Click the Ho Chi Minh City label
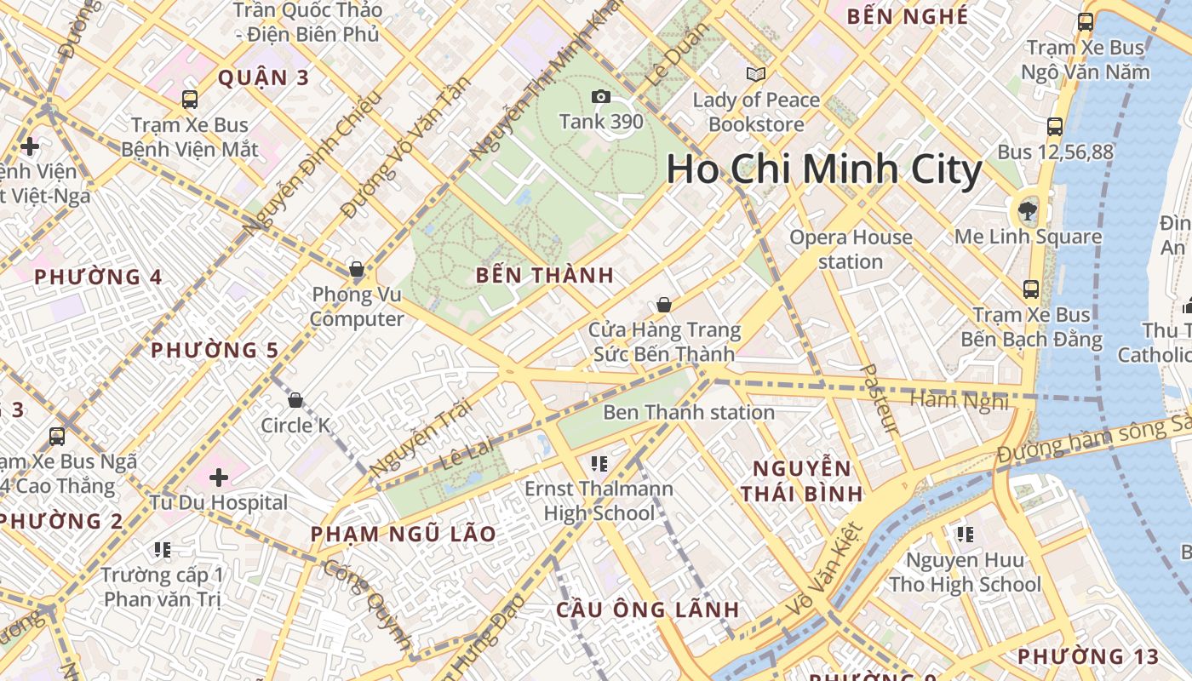click(x=823, y=169)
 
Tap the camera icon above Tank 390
click(x=601, y=96)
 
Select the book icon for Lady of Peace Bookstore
click(x=756, y=75)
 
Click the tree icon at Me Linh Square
click(x=1028, y=210)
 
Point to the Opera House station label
click(x=851, y=249)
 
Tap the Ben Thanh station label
click(x=689, y=413)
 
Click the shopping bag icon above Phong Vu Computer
click(x=357, y=270)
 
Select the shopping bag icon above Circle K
click(x=295, y=400)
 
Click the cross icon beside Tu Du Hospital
click(x=219, y=478)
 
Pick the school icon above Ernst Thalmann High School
click(x=599, y=464)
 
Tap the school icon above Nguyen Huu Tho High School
click(x=965, y=535)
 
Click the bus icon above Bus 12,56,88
click(x=1054, y=127)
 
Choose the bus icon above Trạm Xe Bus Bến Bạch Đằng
click(x=1031, y=289)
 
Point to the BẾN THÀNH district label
click(x=545, y=275)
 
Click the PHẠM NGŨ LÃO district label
click(x=403, y=534)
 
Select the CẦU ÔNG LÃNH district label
click(x=648, y=609)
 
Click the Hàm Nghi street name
click(x=959, y=399)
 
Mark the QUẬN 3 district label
click(x=263, y=78)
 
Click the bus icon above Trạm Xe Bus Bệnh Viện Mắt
click(x=190, y=100)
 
